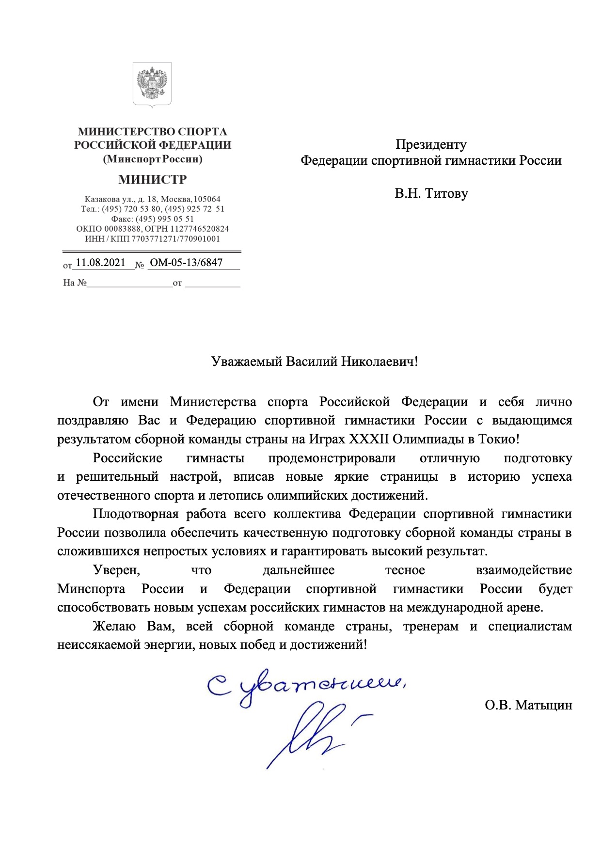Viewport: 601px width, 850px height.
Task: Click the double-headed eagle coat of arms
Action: tap(152, 84)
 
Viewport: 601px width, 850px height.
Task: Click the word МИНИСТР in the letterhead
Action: tap(152, 180)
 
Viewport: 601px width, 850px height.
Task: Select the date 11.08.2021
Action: tap(100, 263)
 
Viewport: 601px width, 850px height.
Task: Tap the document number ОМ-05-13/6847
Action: tap(186, 263)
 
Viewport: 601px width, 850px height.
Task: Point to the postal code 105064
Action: tap(207, 199)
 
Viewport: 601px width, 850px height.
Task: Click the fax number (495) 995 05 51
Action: tap(164, 219)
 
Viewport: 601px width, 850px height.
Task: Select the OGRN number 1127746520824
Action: tap(199, 229)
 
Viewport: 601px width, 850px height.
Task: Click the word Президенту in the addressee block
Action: tap(431, 144)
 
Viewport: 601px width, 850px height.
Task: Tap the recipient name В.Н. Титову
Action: tap(431, 193)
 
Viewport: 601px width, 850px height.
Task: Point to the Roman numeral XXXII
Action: tap(369, 439)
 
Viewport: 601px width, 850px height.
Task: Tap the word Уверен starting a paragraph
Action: tap(116, 570)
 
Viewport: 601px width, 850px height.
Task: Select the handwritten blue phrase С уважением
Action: tap(305, 686)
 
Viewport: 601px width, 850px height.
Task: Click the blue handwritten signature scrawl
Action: tap(315, 732)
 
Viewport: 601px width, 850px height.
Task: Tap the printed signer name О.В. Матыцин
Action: tap(528, 705)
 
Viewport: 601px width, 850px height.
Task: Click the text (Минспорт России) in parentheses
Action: tap(152, 159)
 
